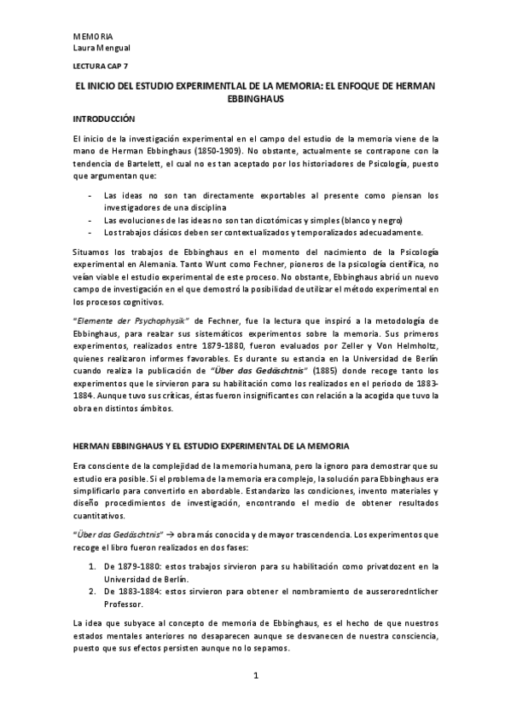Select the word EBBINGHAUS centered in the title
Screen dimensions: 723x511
click(255, 99)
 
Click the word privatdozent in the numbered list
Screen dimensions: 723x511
click(379, 564)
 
